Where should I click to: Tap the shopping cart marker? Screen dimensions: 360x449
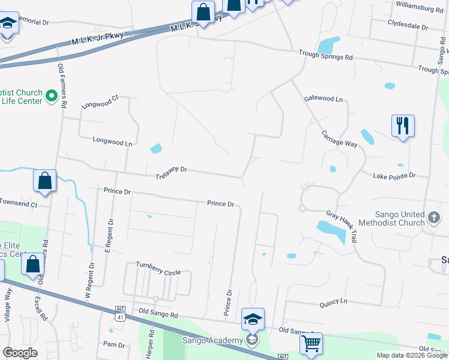pos(311,344)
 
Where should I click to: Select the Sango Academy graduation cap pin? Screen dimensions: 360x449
pos(253,320)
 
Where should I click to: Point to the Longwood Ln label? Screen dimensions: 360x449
pos(112,142)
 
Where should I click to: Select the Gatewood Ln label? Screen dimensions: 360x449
pos(323,98)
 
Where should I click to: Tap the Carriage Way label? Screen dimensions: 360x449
pos(339,139)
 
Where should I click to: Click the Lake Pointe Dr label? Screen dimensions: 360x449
pos(394,175)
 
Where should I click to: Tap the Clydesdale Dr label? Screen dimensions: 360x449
pos(408,28)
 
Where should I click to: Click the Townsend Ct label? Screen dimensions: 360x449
pos(19,204)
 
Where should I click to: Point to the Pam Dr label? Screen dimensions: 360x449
pos(113,345)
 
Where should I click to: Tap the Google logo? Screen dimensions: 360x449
pos(20,353)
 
